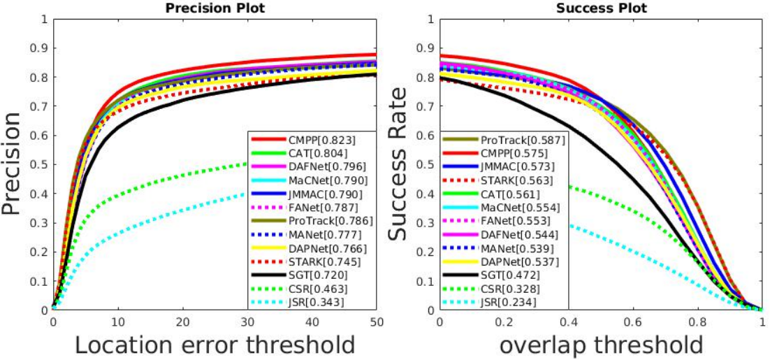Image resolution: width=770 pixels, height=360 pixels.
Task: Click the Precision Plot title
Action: [x=215, y=8]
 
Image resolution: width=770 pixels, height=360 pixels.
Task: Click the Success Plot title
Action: [x=601, y=8]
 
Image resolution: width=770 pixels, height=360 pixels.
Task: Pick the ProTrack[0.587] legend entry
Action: [x=504, y=140]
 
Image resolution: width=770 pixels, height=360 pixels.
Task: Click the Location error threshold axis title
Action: [x=215, y=345]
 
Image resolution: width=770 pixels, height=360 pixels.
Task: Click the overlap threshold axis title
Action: [x=601, y=345]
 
